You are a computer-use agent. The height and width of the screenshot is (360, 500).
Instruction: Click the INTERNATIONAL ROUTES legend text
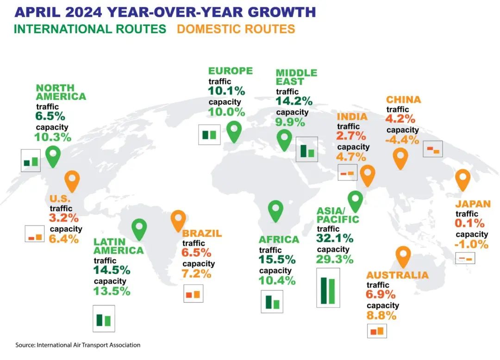(90, 29)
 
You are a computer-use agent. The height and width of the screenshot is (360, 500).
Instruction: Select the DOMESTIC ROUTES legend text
(236, 29)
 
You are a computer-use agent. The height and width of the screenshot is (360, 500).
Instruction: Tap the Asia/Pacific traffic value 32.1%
(335, 238)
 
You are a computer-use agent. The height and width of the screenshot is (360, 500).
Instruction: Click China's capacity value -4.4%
(402, 140)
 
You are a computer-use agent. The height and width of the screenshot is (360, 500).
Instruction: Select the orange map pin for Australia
(403, 256)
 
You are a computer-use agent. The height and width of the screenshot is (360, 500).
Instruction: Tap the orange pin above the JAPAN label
(462, 180)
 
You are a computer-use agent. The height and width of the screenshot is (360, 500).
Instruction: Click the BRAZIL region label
(202, 234)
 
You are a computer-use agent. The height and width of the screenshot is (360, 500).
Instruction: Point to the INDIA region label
(352, 117)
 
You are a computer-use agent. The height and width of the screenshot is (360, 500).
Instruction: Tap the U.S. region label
(59, 199)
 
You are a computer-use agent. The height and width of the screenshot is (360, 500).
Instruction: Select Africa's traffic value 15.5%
(277, 260)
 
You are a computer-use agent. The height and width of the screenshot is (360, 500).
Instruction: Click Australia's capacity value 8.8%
(381, 316)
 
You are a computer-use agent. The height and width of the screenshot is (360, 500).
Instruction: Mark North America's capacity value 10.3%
(53, 137)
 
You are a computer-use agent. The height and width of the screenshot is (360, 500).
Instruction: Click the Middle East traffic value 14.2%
(294, 101)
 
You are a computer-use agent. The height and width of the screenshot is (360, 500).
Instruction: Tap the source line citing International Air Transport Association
(78, 345)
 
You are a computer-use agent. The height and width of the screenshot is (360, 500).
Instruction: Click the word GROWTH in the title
(271, 11)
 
